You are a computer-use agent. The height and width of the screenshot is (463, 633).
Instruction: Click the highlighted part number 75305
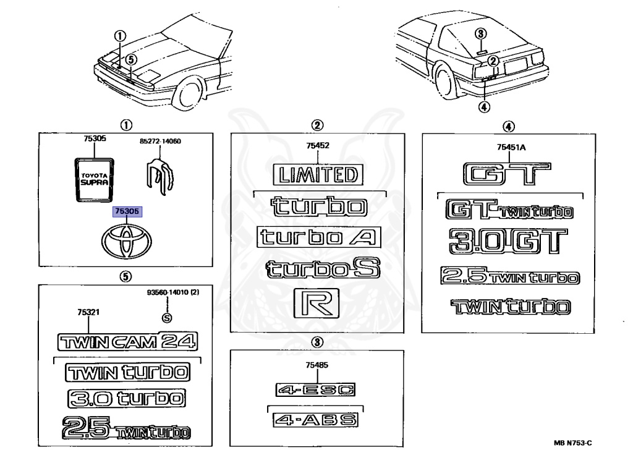click(127, 211)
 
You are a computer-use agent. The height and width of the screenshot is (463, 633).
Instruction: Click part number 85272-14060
click(160, 142)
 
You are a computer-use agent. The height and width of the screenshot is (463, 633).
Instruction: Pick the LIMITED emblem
click(318, 175)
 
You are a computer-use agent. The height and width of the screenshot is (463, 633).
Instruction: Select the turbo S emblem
click(321, 269)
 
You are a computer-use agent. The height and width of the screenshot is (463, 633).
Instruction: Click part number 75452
click(317, 146)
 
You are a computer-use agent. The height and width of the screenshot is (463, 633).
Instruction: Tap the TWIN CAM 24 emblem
click(127, 341)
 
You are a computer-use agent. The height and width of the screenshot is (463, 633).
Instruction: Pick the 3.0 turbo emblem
click(127, 399)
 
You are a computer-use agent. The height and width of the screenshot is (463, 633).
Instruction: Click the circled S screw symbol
click(165, 318)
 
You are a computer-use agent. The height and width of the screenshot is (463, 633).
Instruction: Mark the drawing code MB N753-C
click(572, 443)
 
